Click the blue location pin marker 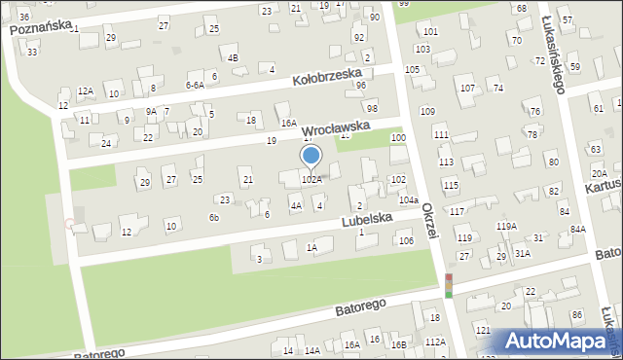coord(311,157)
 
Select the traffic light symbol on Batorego coord(449,285)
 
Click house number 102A coord(311,179)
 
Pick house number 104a coord(409,199)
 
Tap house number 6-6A coord(195,85)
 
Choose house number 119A coord(506,226)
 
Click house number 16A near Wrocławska coord(288,123)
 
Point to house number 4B coord(233,57)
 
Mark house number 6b coord(213,218)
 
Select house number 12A coord(86,90)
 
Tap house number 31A coord(523,253)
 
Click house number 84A coord(578,229)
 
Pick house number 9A coord(151,111)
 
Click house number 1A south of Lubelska coord(311,248)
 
